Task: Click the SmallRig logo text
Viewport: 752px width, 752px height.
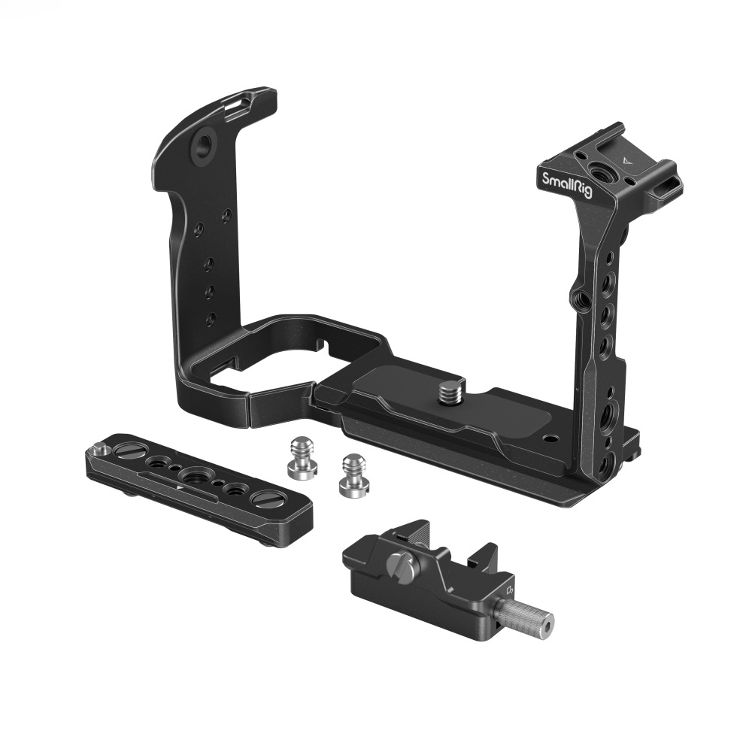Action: click(x=567, y=183)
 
